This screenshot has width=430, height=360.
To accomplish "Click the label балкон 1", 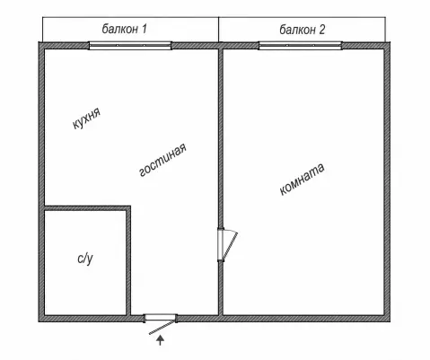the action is pyautogui.click(x=125, y=29).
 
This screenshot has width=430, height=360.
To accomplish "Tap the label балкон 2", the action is pyautogui.click(x=303, y=30).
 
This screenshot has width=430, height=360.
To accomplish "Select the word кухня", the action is pyautogui.click(x=87, y=118).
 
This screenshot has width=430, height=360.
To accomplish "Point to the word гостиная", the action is pyautogui.click(x=163, y=160).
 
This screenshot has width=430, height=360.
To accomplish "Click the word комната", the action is pyautogui.click(x=302, y=179).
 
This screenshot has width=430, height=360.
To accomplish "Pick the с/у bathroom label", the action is pyautogui.click(x=85, y=259).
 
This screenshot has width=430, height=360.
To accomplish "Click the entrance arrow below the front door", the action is pyautogui.click(x=161, y=340).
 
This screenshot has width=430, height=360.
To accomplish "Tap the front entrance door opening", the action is pyautogui.click(x=161, y=318).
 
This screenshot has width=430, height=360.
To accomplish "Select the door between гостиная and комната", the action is pyautogui.click(x=221, y=244).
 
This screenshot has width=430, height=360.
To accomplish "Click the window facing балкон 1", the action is pyautogui.click(x=130, y=46).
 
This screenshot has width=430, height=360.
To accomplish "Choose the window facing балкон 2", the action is pyautogui.click(x=301, y=46).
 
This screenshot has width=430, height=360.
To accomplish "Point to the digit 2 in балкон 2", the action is pyautogui.click(x=321, y=30).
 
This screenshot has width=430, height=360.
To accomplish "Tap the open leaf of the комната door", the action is pyautogui.click(x=230, y=245).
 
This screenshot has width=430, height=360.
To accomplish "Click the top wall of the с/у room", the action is pyautogui.click(x=87, y=207).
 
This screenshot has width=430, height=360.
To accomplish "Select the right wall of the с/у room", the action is pyautogui.click(x=128, y=260).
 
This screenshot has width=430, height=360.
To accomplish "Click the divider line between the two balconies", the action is pyautogui.click(x=219, y=30).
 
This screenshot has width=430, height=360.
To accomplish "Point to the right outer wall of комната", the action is pyautogui.click(x=387, y=182).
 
